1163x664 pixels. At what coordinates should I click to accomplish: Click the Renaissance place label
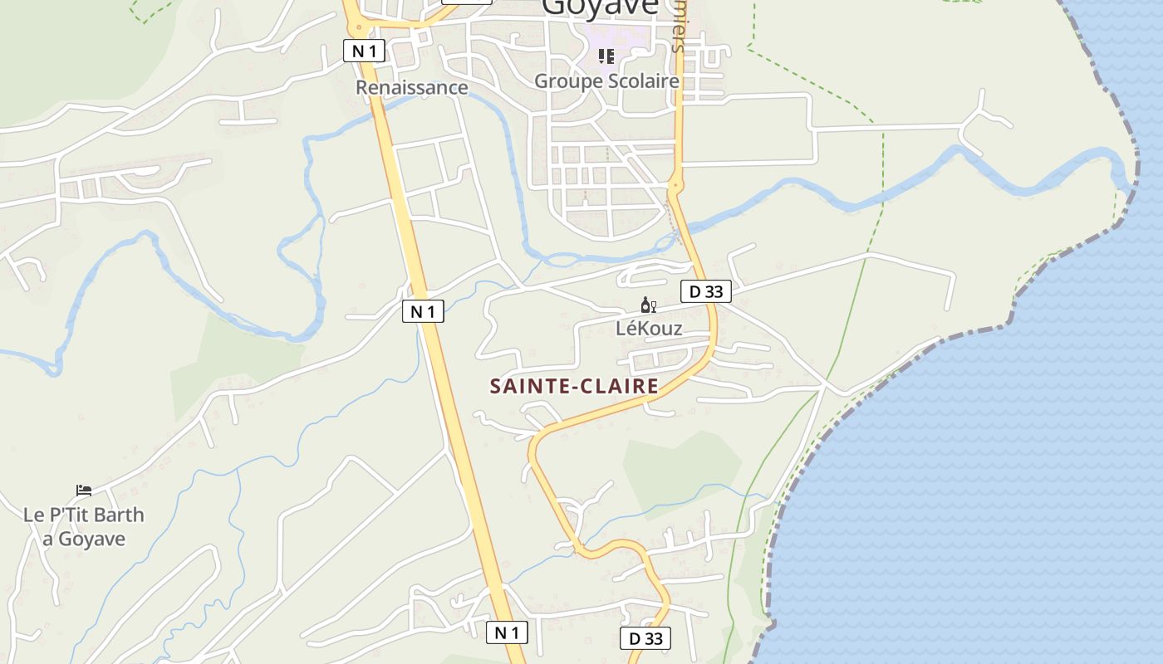click(412, 87)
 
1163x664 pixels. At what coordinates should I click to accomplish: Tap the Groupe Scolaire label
click(606, 81)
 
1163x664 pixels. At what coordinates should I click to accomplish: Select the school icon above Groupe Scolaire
click(606, 56)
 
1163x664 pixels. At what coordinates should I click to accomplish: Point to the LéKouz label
click(649, 329)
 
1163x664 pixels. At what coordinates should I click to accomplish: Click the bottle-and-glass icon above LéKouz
click(649, 305)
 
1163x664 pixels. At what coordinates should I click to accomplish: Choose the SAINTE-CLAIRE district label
click(574, 386)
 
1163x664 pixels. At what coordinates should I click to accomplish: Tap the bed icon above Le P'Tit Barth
click(84, 491)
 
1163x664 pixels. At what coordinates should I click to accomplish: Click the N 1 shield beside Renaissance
click(364, 51)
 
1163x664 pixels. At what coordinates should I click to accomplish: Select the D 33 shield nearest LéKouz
click(705, 291)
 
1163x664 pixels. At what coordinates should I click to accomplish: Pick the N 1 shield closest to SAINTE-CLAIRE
click(423, 311)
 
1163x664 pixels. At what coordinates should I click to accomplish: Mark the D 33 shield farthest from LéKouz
click(645, 638)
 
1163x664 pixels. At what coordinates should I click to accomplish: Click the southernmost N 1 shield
click(507, 632)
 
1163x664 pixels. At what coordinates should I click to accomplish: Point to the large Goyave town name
click(600, 7)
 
